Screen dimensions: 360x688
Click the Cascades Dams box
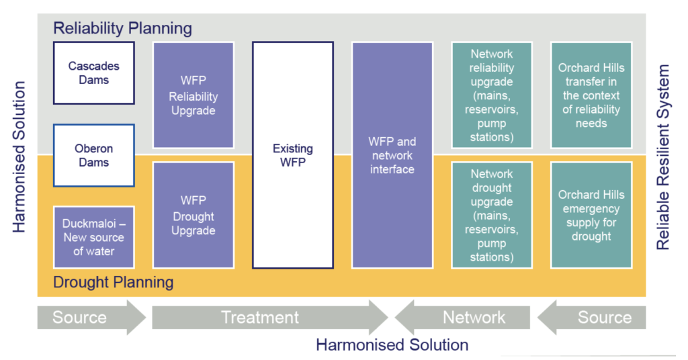point(93,73)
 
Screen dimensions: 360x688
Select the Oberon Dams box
point(93,155)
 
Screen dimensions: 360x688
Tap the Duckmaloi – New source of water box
point(93,238)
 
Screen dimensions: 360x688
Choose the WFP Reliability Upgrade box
point(193,95)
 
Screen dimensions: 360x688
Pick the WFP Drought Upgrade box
point(193,215)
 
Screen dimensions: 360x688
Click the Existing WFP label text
point(293,156)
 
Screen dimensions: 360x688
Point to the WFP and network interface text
point(392,156)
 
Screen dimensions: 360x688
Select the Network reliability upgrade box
point(492,95)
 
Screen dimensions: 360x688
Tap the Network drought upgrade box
point(492,215)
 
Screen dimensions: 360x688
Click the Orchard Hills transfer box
point(591,95)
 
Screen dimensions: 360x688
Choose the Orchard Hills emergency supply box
point(591,215)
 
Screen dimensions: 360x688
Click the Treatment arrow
point(269,318)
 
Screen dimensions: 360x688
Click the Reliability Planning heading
point(122,28)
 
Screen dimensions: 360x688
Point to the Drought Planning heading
point(114,282)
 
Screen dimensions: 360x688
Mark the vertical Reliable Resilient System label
point(663,157)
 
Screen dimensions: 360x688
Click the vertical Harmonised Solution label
point(19,157)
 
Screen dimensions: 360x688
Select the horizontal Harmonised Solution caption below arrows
point(392,345)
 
